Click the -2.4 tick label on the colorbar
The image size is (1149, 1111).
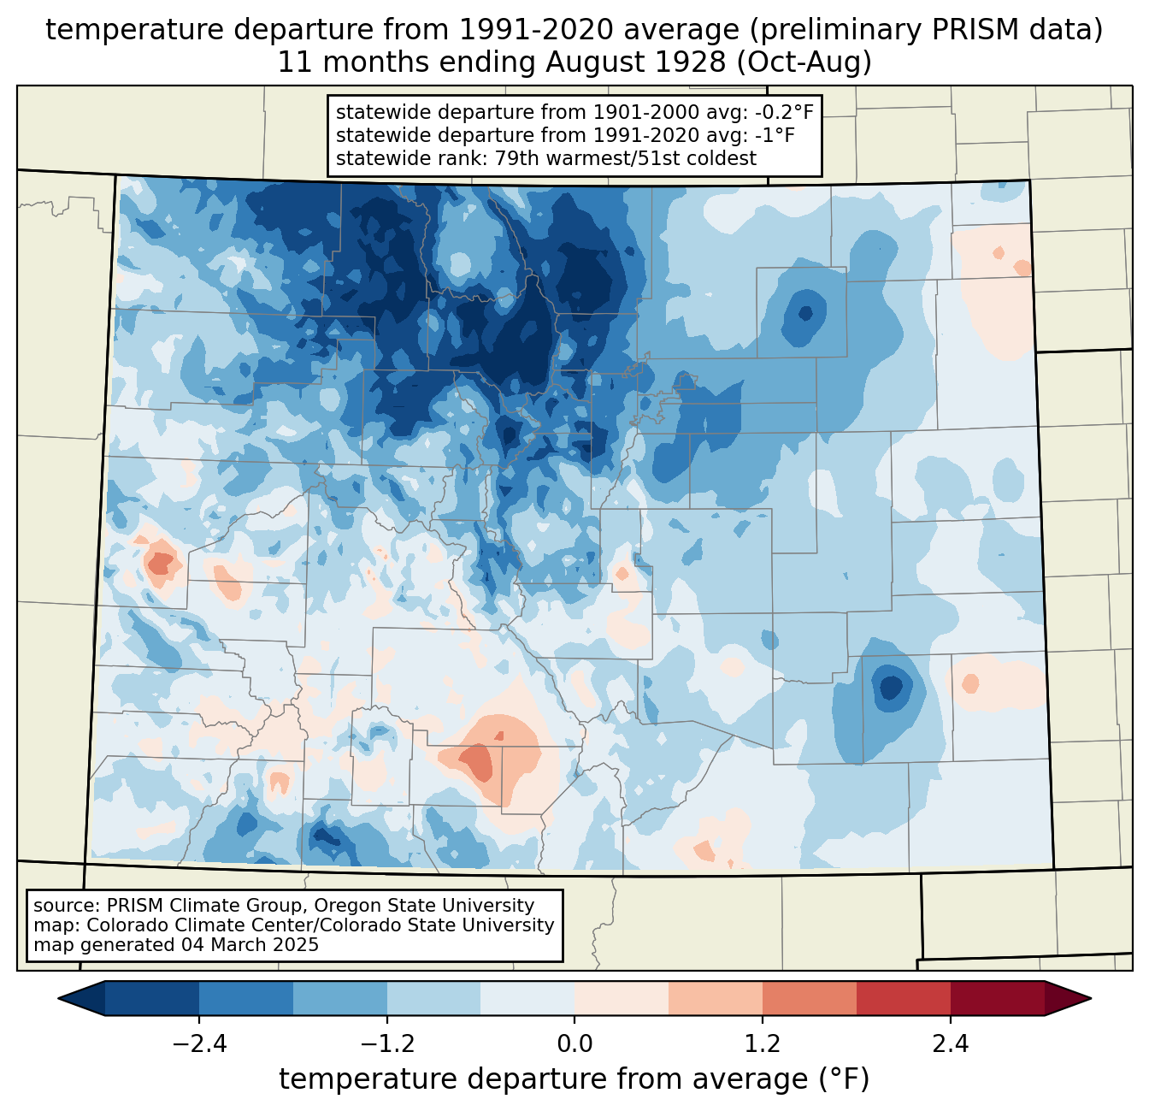click(199, 1044)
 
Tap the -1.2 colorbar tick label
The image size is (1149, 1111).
click(386, 1044)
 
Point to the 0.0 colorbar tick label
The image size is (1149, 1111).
click(574, 1044)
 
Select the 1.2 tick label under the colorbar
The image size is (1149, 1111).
click(763, 1044)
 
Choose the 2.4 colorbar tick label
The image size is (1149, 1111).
click(950, 1044)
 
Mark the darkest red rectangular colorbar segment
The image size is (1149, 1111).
click(997, 998)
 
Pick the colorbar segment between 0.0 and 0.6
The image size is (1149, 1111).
click(622, 998)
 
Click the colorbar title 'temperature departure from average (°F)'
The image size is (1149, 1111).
click(574, 1079)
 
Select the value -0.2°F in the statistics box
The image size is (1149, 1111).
click(779, 113)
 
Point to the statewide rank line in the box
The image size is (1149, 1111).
click(546, 158)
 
